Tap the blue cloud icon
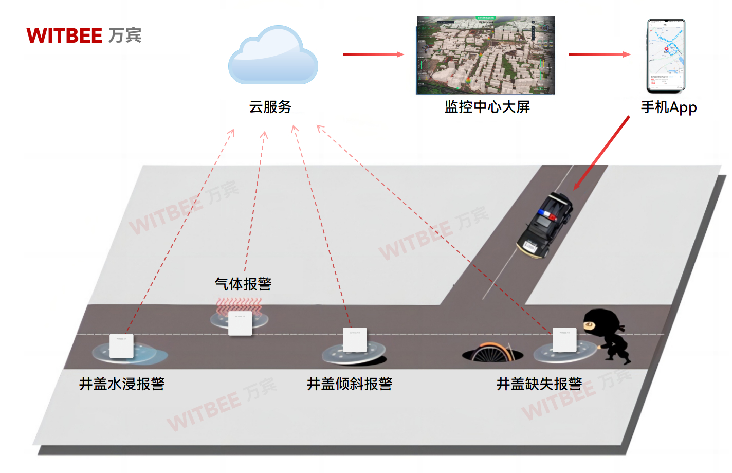point(273,57)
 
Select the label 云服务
point(270,107)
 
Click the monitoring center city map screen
point(485,55)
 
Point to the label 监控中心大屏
point(487,107)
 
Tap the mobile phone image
point(666,56)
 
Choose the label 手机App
point(668,107)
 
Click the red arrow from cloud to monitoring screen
point(373,54)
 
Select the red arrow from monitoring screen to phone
point(599,54)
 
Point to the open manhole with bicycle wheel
point(492,354)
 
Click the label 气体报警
point(243,284)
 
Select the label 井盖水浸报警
point(122,384)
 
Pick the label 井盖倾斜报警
point(350,384)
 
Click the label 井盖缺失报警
point(539,384)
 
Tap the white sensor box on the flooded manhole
point(122,345)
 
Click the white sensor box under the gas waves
point(240,323)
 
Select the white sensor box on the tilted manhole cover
point(355,340)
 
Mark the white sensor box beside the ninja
point(564,339)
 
